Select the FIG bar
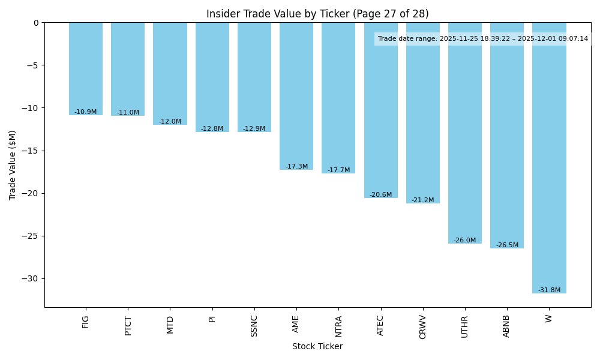tap(86, 69)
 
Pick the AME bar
tap(296, 96)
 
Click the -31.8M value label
tap(549, 290)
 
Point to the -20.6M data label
tap(380, 195)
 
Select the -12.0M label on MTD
tap(170, 122)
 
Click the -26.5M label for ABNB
tap(507, 245)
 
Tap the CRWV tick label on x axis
tap(422, 327)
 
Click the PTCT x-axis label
tap(128, 326)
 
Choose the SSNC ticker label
tap(254, 326)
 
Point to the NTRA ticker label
tap(338, 326)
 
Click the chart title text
tap(317, 14)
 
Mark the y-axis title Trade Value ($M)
tap(13, 165)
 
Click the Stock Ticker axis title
tap(317, 347)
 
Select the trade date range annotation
tap(483, 39)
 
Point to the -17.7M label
tap(338, 170)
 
